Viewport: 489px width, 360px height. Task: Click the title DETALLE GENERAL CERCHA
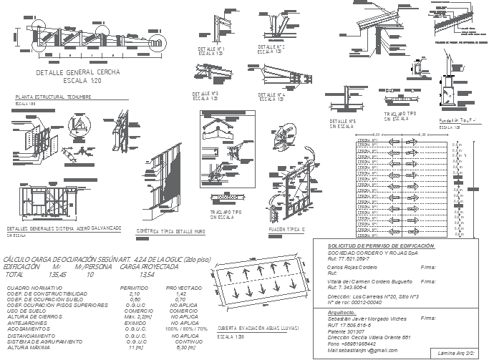click(78, 74)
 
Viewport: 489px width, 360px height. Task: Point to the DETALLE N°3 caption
click(205, 94)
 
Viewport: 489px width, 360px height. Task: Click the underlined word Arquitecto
click(342, 311)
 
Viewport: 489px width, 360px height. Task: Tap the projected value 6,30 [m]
click(186, 347)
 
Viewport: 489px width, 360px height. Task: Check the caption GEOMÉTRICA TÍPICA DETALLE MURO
click(170, 231)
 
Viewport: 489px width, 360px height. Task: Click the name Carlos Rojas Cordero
click(352, 266)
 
